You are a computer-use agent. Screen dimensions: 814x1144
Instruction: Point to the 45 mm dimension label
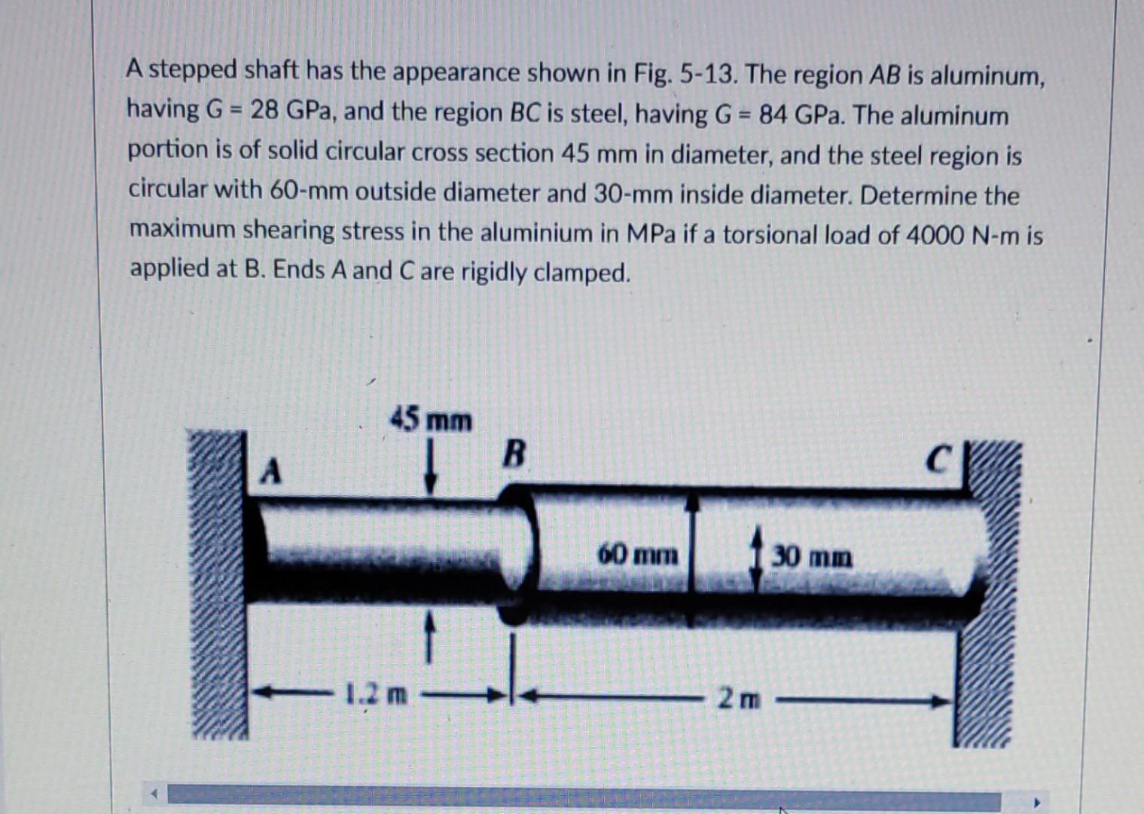[x=431, y=420]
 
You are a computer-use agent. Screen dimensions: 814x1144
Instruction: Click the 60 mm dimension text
[x=638, y=556]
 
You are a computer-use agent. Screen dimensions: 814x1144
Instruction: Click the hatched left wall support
[x=218, y=584]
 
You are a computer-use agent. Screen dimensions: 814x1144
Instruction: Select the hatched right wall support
[x=989, y=595]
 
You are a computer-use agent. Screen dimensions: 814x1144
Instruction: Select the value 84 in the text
[x=773, y=115]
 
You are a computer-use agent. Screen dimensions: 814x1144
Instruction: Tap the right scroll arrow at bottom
[x=1038, y=803]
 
